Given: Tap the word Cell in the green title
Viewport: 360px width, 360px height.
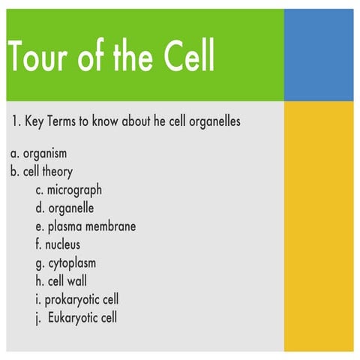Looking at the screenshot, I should (181, 55).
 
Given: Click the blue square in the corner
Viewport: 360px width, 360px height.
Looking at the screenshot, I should (319, 55).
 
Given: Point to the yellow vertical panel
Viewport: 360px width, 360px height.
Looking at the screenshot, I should (319, 225).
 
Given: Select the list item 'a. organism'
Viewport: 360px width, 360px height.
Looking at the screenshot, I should (39, 154).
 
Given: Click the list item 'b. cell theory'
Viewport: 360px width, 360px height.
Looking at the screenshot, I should (42, 172).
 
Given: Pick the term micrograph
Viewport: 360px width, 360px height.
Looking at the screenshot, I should (74, 190).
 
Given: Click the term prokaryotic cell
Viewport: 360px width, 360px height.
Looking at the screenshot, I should (82, 299).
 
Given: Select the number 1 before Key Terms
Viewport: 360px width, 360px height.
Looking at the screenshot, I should (14, 121).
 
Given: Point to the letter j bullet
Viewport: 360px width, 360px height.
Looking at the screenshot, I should (37, 318).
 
